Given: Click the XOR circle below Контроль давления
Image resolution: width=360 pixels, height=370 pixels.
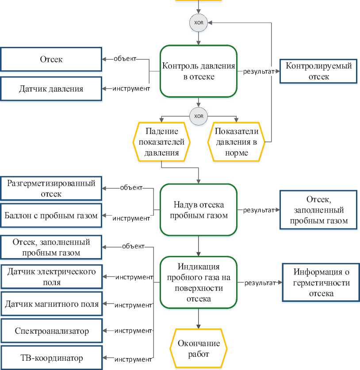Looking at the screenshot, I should (x=199, y=116).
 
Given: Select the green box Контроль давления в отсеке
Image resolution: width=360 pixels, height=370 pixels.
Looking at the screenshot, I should (x=199, y=71).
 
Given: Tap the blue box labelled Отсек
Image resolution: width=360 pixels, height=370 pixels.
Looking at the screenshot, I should (x=51, y=59).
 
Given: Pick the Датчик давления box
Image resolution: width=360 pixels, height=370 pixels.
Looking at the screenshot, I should (x=51, y=88).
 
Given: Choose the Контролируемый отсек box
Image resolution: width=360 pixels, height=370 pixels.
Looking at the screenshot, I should (x=319, y=71).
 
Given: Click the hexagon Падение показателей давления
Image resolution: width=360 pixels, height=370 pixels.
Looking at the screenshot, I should (x=161, y=142).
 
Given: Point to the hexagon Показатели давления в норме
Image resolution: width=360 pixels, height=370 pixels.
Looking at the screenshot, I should (x=236, y=142).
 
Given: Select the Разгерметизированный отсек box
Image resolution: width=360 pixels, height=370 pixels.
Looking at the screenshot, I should (x=51, y=188).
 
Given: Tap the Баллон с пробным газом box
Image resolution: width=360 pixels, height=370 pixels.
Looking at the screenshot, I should (x=51, y=216).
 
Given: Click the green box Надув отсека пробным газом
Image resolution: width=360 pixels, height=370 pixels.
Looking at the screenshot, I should (x=199, y=210).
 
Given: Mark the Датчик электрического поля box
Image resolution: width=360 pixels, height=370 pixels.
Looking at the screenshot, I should (x=51, y=276).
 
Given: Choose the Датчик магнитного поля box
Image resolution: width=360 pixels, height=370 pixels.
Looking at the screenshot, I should (x=51, y=304).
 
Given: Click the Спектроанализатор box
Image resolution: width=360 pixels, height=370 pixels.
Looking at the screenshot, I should (x=51, y=331).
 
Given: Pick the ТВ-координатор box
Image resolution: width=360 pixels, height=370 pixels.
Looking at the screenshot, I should (x=51, y=358).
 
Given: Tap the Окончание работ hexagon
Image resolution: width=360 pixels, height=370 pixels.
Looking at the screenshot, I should (x=199, y=348).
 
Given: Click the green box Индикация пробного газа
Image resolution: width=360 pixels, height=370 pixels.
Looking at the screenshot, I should (x=199, y=282).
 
